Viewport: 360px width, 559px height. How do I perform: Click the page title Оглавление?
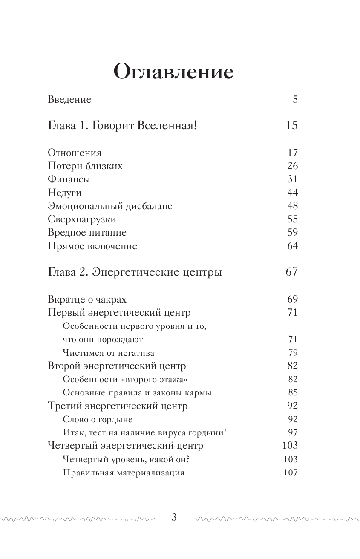(x=173, y=72)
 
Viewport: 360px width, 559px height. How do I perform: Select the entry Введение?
(x=69, y=100)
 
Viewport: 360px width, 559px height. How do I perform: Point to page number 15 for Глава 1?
(x=291, y=126)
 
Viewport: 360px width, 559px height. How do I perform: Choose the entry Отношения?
(x=75, y=153)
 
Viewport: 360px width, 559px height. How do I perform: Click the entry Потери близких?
(x=85, y=166)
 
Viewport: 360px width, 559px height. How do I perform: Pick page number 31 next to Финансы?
(x=292, y=179)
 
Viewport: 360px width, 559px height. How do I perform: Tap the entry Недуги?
(x=64, y=193)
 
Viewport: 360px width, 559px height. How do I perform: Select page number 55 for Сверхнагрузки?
(x=292, y=219)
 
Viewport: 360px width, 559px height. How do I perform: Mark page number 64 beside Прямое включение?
(x=292, y=246)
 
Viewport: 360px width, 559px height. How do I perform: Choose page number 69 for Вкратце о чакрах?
(x=292, y=299)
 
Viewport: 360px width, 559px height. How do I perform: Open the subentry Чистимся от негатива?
(x=108, y=353)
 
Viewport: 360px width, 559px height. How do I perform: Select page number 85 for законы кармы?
(x=292, y=392)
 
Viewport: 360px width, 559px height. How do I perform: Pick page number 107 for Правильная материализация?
(x=290, y=473)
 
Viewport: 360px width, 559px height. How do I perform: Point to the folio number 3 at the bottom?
(x=173, y=518)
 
